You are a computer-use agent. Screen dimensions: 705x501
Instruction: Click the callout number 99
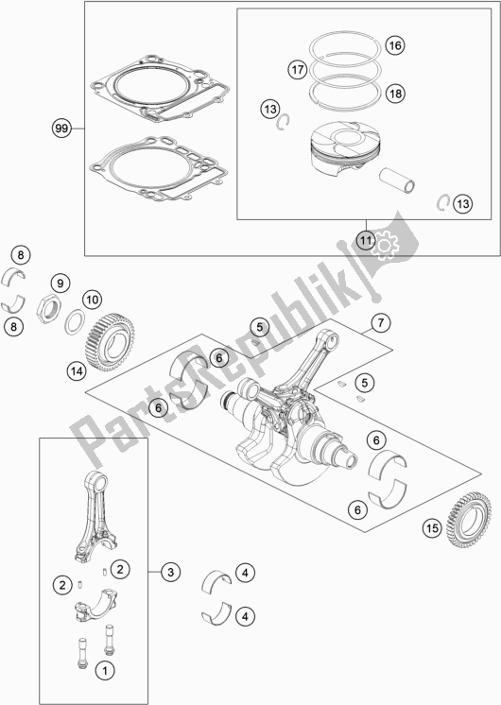coord(62,126)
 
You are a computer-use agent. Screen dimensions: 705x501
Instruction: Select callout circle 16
coord(394,45)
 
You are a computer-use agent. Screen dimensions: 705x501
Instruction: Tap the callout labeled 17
coord(297,69)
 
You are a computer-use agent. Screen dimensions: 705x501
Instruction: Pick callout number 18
coord(394,93)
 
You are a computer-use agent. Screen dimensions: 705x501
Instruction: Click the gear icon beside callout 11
coord(388,244)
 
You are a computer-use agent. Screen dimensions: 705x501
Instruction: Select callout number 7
coord(379,323)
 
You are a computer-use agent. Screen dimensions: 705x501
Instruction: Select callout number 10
coord(92,300)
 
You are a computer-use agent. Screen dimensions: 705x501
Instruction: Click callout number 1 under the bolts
coord(106,670)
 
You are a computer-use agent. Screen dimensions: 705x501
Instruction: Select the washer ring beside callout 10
coord(70,324)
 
